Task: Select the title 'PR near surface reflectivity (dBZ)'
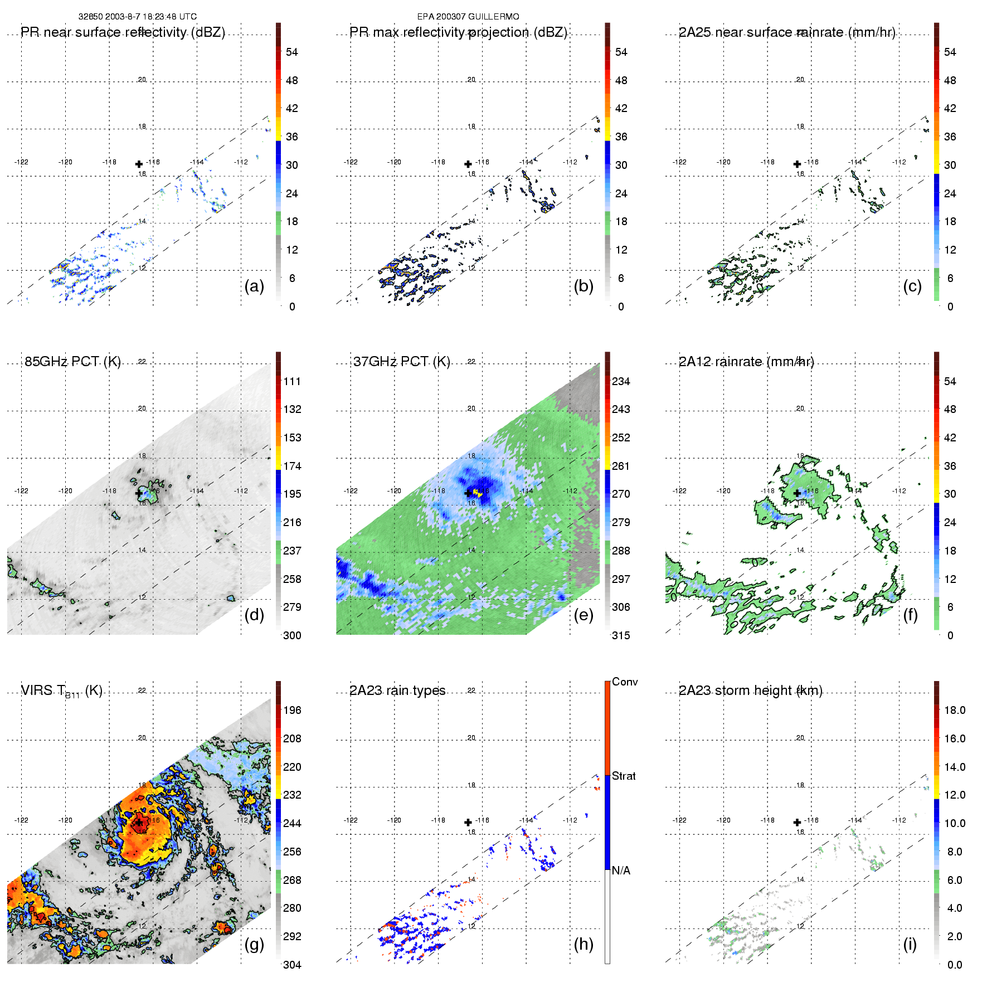pos(123,32)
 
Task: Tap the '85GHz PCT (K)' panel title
pos(72,362)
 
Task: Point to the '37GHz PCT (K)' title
pos(401,362)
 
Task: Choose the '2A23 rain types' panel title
pos(397,691)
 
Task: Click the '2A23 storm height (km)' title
pos(750,691)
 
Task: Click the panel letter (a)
pos(254,286)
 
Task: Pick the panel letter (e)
pos(584,615)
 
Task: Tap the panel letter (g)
pos(254,944)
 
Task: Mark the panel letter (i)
pos(910,944)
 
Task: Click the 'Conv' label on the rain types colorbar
pos(625,682)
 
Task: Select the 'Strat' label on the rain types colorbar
pos(624,776)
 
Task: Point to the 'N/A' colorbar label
pos(621,871)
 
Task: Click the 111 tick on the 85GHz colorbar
pos(292,381)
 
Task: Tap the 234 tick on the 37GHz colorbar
pos(621,381)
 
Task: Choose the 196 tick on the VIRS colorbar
pos(292,710)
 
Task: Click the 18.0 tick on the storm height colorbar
pos(955,710)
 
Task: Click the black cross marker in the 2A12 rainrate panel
pos(797,493)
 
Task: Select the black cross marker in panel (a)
pos(139,164)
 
